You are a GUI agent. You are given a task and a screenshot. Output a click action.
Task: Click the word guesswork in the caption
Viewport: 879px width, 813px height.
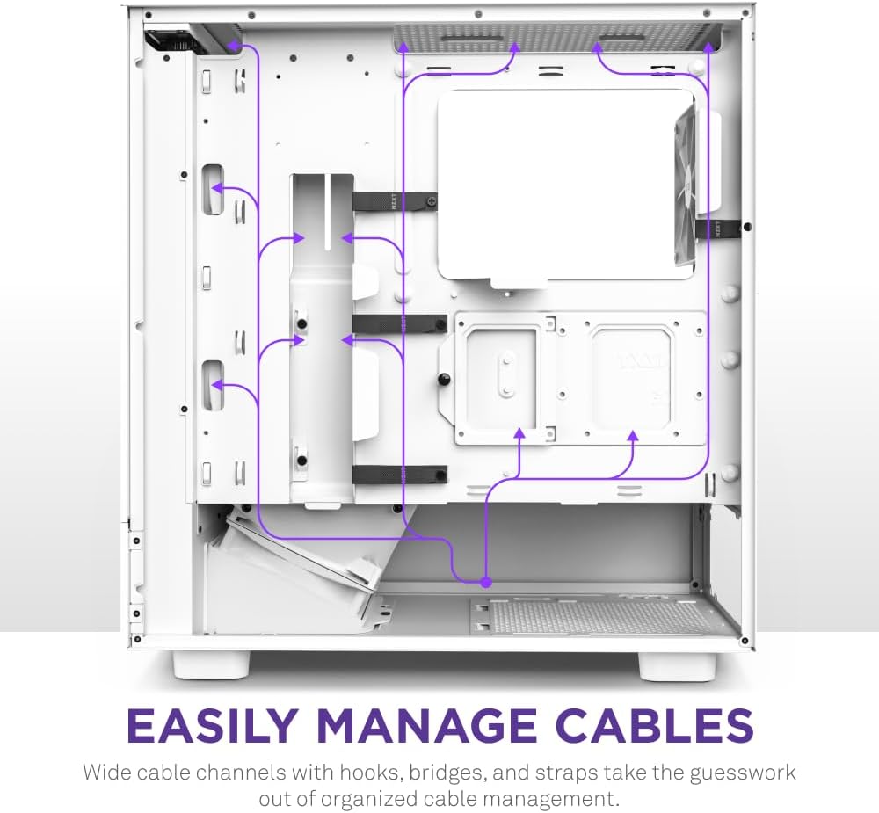742,773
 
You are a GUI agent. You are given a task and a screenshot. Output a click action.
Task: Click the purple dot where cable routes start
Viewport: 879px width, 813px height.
486,583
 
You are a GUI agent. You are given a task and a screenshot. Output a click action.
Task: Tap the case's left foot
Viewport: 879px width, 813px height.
211,664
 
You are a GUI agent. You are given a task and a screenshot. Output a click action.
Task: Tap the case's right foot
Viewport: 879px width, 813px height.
677,665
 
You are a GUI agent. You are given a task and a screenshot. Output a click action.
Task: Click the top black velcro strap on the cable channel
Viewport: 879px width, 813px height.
395,200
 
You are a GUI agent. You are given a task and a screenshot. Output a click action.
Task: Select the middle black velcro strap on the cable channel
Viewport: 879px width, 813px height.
399,323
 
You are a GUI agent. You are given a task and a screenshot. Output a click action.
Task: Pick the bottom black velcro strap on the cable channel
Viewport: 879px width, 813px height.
399,475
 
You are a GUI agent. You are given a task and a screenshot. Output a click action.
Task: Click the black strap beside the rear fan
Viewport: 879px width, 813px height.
718,228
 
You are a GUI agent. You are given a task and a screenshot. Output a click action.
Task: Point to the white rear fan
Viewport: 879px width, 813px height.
686,186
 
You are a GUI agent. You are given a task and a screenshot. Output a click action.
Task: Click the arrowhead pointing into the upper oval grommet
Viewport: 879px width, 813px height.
217,188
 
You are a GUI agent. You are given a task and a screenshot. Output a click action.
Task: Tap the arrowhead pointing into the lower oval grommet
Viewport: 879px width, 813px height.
217,385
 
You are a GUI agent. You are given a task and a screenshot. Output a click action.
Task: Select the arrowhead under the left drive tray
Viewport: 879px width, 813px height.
519,432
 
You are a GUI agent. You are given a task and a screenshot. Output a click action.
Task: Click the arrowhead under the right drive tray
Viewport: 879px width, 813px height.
633,435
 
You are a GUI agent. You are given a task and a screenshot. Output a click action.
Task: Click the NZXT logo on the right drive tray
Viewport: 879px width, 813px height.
640,360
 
